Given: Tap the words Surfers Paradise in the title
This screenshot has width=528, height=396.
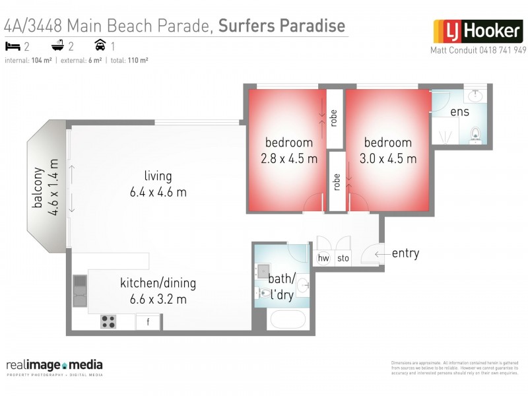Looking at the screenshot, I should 281,26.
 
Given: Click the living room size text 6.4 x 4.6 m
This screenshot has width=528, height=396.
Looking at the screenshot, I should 158,192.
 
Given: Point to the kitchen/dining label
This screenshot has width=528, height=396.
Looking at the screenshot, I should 158,284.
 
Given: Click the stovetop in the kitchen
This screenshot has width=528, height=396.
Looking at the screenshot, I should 108,322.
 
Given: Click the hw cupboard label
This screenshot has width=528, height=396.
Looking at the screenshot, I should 323,258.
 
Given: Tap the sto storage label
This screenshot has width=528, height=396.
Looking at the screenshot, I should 343,258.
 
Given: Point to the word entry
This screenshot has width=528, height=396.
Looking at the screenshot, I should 405,253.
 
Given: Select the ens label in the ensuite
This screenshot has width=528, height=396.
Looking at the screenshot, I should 459,112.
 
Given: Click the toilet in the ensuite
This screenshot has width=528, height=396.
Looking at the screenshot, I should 475,136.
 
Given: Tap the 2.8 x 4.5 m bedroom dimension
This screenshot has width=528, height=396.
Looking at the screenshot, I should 288,158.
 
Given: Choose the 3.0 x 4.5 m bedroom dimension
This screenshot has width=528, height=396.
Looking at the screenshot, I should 387,158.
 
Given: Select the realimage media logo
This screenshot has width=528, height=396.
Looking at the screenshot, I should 54,366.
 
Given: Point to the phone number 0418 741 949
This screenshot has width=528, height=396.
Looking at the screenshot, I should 502,50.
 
